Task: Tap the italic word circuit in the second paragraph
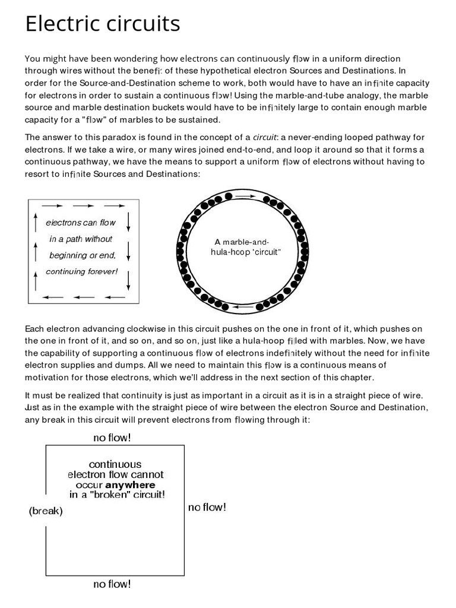coord(264,137)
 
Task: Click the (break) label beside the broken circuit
coord(46,511)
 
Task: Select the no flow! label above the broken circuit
coord(112,438)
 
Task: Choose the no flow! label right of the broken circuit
coord(207,507)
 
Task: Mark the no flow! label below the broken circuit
coord(112,584)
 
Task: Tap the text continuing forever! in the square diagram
coord(82,272)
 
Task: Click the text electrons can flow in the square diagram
coord(81,223)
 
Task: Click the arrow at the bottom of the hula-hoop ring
coord(245,307)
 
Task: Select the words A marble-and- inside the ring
coord(242,242)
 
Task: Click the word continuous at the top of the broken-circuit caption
coord(115,464)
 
